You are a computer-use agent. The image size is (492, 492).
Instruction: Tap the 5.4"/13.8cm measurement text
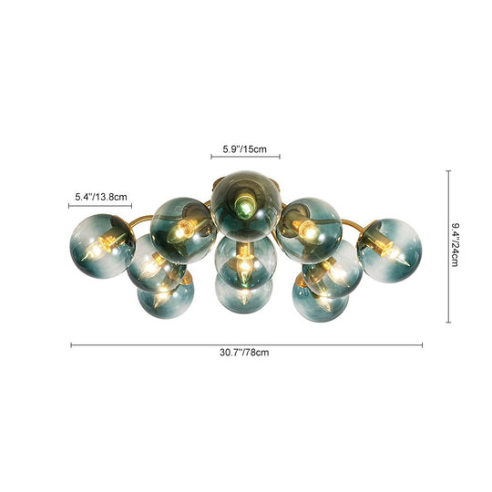coord(101,196)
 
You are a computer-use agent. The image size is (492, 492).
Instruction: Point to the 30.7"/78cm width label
coord(246,353)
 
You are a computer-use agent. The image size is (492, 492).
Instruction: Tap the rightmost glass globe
coord(389,249)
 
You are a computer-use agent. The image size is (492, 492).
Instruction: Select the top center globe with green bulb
coord(246,201)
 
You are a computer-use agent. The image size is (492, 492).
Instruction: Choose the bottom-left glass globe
coord(166,293)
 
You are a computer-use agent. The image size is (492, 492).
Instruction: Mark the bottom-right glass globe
coord(321,293)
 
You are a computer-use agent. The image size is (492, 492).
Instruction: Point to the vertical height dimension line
coord(448,245)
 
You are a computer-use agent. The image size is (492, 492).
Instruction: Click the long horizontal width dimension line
coord(246,344)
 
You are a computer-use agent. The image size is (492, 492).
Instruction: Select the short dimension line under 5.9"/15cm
coord(246,157)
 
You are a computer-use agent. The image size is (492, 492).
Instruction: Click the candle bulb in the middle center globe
coord(244,263)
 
